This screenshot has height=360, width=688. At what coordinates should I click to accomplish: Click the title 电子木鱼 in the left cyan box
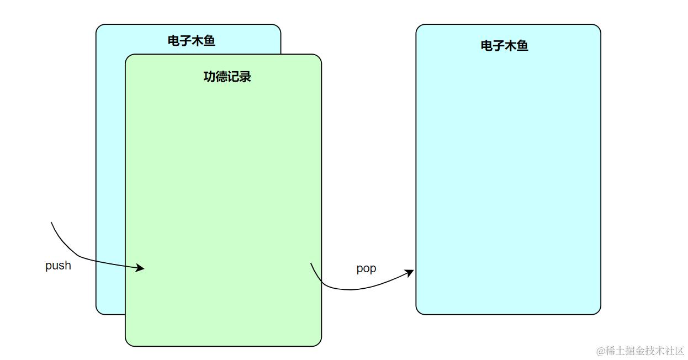191,41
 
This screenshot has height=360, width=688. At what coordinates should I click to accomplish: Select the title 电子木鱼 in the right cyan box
504,46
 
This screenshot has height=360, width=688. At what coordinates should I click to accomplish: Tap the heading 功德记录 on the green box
227,77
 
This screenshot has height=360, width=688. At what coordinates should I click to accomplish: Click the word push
58,266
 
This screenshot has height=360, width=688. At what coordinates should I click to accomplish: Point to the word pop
366,268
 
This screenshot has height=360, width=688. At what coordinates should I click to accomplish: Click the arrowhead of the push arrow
141,268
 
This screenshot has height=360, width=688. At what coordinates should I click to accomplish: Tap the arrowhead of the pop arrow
410,272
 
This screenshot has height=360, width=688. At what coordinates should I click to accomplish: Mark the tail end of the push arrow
51,223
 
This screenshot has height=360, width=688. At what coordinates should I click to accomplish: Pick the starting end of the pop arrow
311,263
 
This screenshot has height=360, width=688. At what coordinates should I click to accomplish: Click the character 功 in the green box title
209,77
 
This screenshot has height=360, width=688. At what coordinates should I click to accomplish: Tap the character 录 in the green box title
245,77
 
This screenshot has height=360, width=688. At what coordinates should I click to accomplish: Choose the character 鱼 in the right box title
522,46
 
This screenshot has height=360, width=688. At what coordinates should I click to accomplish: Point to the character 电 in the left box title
173,41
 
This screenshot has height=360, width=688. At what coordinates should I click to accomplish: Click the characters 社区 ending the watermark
675,351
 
